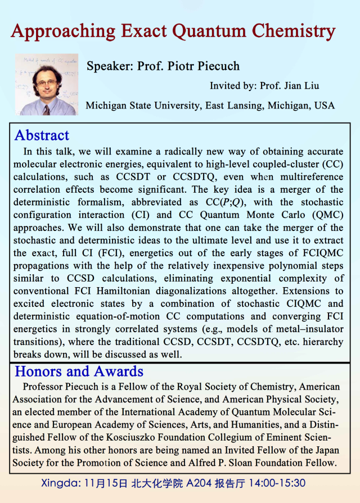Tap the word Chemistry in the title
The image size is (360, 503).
[x=293, y=31]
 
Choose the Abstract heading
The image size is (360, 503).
[x=42, y=135]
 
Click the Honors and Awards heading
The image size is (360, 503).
[x=79, y=371]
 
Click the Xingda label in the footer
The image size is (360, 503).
[x=59, y=483]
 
